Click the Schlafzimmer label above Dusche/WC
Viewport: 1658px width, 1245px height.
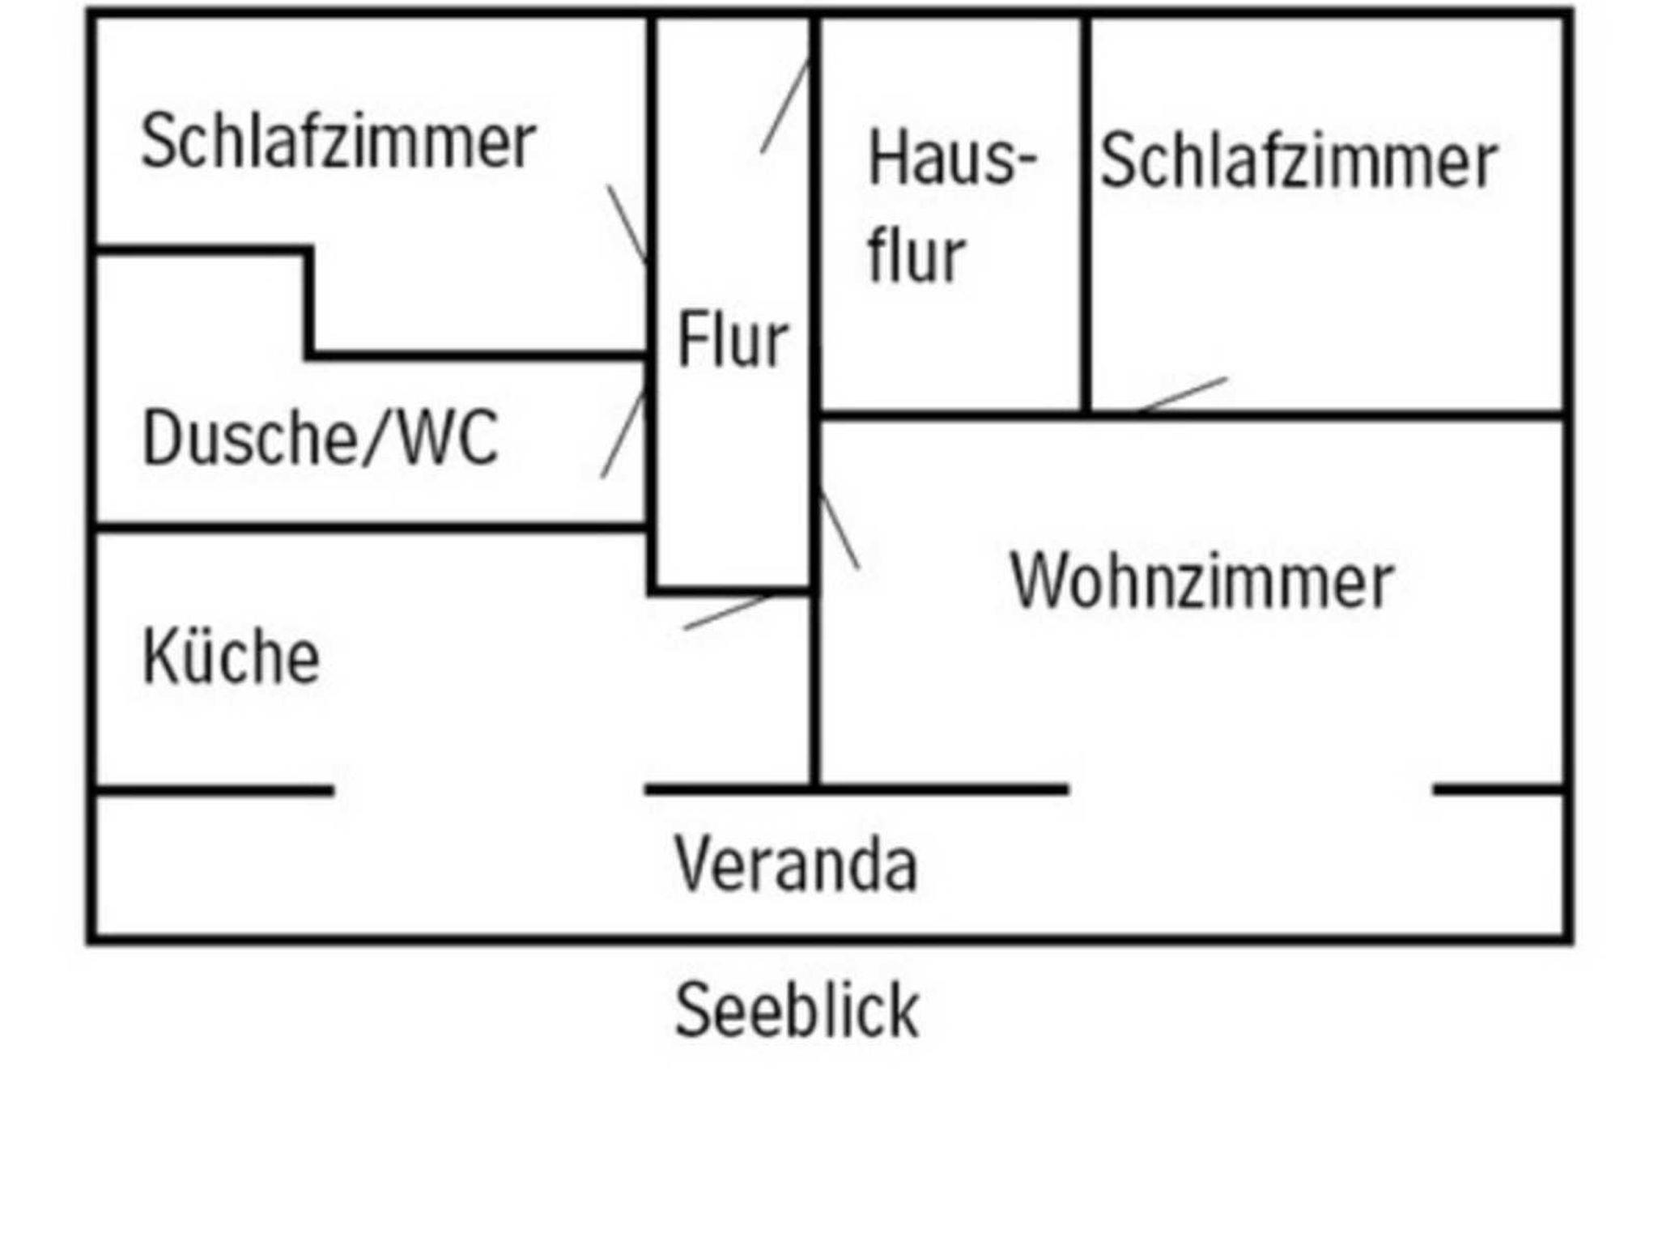(x=338, y=142)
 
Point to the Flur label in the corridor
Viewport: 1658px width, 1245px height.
(x=732, y=340)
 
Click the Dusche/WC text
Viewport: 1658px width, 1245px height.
(x=321, y=438)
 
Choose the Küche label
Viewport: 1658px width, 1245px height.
(x=232, y=656)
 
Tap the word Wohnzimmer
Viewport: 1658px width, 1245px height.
(x=1201, y=582)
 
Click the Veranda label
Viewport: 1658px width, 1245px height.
(x=796, y=865)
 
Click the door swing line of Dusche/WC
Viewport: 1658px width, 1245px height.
(x=623, y=436)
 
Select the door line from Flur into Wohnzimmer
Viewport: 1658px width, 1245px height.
(x=840, y=529)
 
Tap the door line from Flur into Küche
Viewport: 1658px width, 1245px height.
(x=727, y=612)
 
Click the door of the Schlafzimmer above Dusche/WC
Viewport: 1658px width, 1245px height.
(x=627, y=224)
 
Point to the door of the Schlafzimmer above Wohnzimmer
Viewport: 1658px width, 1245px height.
(x=1183, y=394)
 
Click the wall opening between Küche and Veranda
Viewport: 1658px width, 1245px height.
(x=489, y=790)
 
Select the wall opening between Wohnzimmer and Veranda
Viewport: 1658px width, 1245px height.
(x=1250, y=789)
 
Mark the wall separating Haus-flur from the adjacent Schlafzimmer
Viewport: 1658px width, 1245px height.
(x=1085, y=215)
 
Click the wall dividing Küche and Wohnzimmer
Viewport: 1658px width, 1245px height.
(x=814, y=688)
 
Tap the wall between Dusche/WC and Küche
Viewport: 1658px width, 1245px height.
(x=371, y=529)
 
